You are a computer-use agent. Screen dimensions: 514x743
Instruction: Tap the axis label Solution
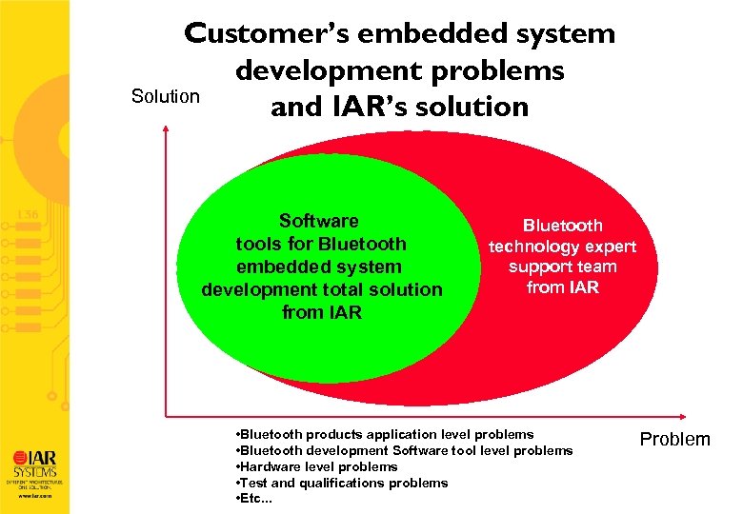[x=165, y=96]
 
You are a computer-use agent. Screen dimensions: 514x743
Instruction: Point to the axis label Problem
[x=674, y=439]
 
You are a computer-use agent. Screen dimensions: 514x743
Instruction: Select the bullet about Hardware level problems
[x=316, y=466]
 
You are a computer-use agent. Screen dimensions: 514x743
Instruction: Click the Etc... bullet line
[x=252, y=499]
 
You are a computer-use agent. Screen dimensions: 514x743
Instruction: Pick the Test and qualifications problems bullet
[x=341, y=483]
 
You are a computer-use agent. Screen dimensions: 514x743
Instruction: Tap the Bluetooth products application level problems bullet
[x=383, y=434]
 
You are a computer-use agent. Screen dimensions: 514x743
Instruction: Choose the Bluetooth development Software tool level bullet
[x=403, y=450]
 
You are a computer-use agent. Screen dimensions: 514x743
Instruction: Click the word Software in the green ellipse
[x=319, y=221]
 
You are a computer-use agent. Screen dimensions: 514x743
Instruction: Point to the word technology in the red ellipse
[x=562, y=247]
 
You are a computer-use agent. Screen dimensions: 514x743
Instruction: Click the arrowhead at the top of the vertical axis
[x=166, y=133]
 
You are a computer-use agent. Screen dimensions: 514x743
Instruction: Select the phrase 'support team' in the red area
[x=562, y=267]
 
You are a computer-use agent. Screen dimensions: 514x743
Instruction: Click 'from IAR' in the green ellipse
[x=322, y=312]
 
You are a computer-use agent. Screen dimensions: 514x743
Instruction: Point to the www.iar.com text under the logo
[x=34, y=496]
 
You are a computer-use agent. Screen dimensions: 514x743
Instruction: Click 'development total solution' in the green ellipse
[x=322, y=289]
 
